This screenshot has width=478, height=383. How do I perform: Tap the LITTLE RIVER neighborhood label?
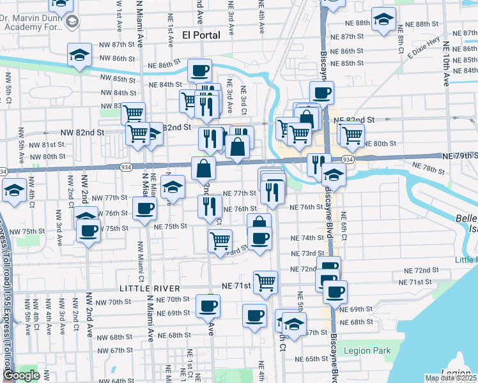pos(148,289)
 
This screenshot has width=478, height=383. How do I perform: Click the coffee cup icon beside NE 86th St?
pos(199,70)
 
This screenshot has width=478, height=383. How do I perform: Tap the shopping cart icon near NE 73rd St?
pos(220,241)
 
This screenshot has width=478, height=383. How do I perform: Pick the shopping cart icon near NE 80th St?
pos(351,135)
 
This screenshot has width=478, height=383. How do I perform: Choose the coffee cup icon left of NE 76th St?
pos(144,208)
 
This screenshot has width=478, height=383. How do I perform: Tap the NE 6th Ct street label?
pos(343,224)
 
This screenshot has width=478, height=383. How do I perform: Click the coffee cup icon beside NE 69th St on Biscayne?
pos(334,292)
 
